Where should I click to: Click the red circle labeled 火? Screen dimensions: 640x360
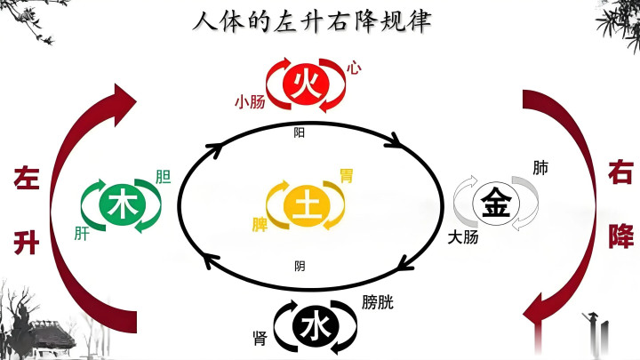point(306,85)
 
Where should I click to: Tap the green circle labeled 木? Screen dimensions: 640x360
point(122,205)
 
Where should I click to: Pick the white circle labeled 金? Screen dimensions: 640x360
point(496,203)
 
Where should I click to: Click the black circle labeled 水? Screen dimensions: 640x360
point(316,326)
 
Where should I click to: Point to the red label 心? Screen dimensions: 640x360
point(354,68)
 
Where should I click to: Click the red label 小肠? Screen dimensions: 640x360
point(250,101)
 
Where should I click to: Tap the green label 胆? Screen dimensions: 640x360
point(164,177)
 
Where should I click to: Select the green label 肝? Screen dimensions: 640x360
point(82,234)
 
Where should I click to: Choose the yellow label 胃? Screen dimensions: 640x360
point(347,176)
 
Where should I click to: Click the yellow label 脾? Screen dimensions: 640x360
point(260,225)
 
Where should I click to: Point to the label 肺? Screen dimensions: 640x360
point(540,168)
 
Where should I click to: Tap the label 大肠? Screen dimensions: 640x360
point(463,237)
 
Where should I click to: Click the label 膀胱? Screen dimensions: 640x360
point(378,302)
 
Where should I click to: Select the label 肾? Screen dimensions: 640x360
point(260,339)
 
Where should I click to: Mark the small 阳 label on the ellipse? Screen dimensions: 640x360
point(300,132)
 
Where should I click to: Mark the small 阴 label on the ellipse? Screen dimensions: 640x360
point(300,266)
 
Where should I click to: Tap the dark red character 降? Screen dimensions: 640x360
point(620,236)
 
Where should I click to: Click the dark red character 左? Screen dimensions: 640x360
point(27,178)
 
